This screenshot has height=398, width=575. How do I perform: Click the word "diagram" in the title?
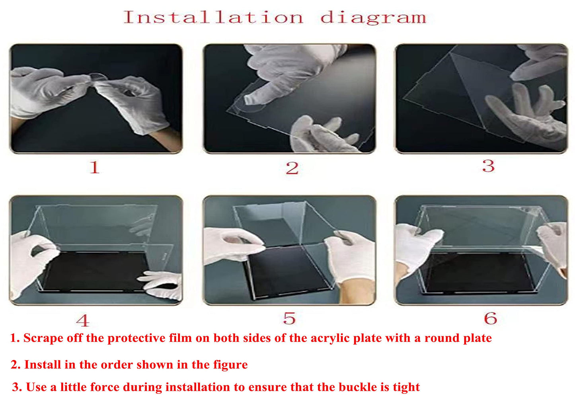coord(374,18)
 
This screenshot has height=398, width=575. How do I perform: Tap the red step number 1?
coord(95,167)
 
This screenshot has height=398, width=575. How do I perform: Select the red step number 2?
coord(292,168)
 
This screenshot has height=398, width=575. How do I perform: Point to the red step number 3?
coord(488,166)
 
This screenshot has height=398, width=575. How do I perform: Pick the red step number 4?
coord(83,321)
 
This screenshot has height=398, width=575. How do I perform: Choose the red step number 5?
coord(290,318)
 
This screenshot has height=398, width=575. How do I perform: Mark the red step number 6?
coord(491,318)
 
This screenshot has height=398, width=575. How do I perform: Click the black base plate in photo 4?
coord(96,271)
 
